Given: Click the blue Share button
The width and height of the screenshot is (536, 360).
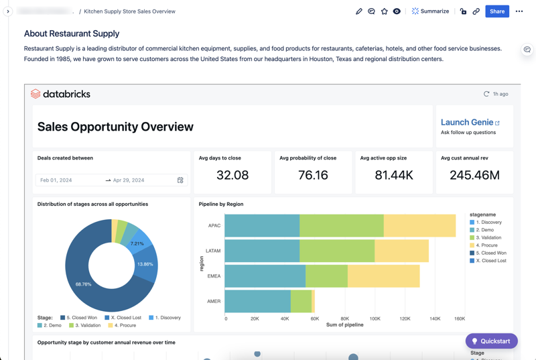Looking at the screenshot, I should [496, 11].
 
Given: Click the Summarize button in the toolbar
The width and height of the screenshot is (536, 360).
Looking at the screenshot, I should [430, 11].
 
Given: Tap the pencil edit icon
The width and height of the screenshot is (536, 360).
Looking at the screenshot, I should [358, 11].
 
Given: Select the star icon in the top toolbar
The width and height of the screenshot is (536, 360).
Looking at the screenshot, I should [384, 11].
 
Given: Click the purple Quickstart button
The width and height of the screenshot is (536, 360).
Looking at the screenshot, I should [491, 341].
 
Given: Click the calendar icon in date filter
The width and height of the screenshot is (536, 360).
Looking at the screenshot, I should [180, 180].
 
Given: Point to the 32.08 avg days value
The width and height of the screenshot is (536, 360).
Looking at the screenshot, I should [232, 175].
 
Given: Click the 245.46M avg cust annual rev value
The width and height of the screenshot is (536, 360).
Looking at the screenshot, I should [474, 175].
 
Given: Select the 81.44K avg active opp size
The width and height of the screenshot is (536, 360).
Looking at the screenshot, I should [393, 175].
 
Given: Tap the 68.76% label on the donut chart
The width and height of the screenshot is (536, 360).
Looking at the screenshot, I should [83, 284].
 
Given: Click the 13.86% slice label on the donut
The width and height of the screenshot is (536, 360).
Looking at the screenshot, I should [145, 264].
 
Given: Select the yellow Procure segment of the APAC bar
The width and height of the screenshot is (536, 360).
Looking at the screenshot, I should [419, 226].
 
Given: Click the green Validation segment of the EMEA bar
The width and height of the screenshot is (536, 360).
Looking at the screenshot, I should [327, 276].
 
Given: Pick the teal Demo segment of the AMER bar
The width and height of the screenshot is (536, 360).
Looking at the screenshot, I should [257, 301].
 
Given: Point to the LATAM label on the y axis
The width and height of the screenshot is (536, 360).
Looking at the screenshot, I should [213, 251].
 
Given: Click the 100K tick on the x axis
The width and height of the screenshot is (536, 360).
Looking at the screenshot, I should [375, 318].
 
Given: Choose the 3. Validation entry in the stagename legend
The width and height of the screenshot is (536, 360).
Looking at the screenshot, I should [488, 237].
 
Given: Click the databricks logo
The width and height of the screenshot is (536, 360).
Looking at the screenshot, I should [60, 94].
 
